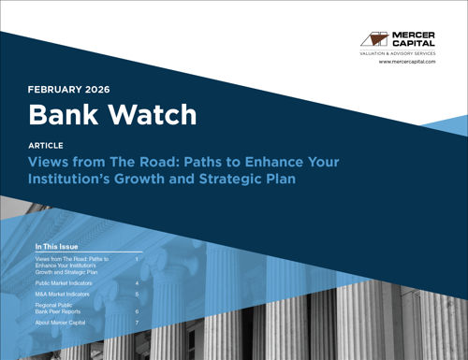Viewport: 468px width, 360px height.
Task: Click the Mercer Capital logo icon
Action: pos(374,40)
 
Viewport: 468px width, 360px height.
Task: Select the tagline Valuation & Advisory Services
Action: pos(398,56)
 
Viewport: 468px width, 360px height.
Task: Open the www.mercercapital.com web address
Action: pos(407,62)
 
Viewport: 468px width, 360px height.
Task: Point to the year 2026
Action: pos(97,90)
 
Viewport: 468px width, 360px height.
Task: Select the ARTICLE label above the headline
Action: pos(47,147)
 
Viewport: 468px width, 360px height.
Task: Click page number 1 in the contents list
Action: pos(137,258)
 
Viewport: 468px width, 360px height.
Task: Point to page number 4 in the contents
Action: pos(137,281)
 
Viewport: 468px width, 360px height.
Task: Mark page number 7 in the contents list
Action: pos(137,323)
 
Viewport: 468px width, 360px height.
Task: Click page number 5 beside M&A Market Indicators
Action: pos(137,294)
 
